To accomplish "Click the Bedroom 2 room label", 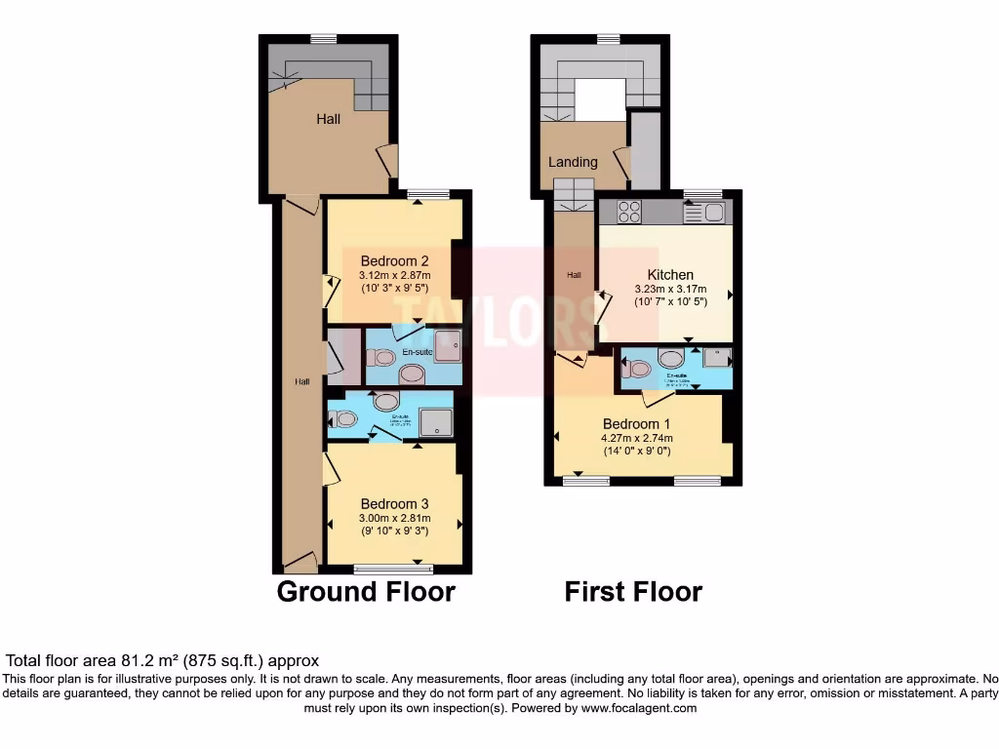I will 395,260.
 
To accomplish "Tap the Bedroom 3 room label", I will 395,503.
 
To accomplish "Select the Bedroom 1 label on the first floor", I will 636,424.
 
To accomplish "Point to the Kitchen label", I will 670,275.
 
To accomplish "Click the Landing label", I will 573,162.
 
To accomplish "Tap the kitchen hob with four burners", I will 629,211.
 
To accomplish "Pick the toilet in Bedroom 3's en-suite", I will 343,419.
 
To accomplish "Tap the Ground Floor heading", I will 366,591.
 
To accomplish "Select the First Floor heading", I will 633,591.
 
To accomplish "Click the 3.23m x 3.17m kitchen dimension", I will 670,290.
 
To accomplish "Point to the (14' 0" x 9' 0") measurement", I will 636,452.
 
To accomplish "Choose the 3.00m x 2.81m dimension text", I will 395,518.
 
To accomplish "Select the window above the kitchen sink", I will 696,193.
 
